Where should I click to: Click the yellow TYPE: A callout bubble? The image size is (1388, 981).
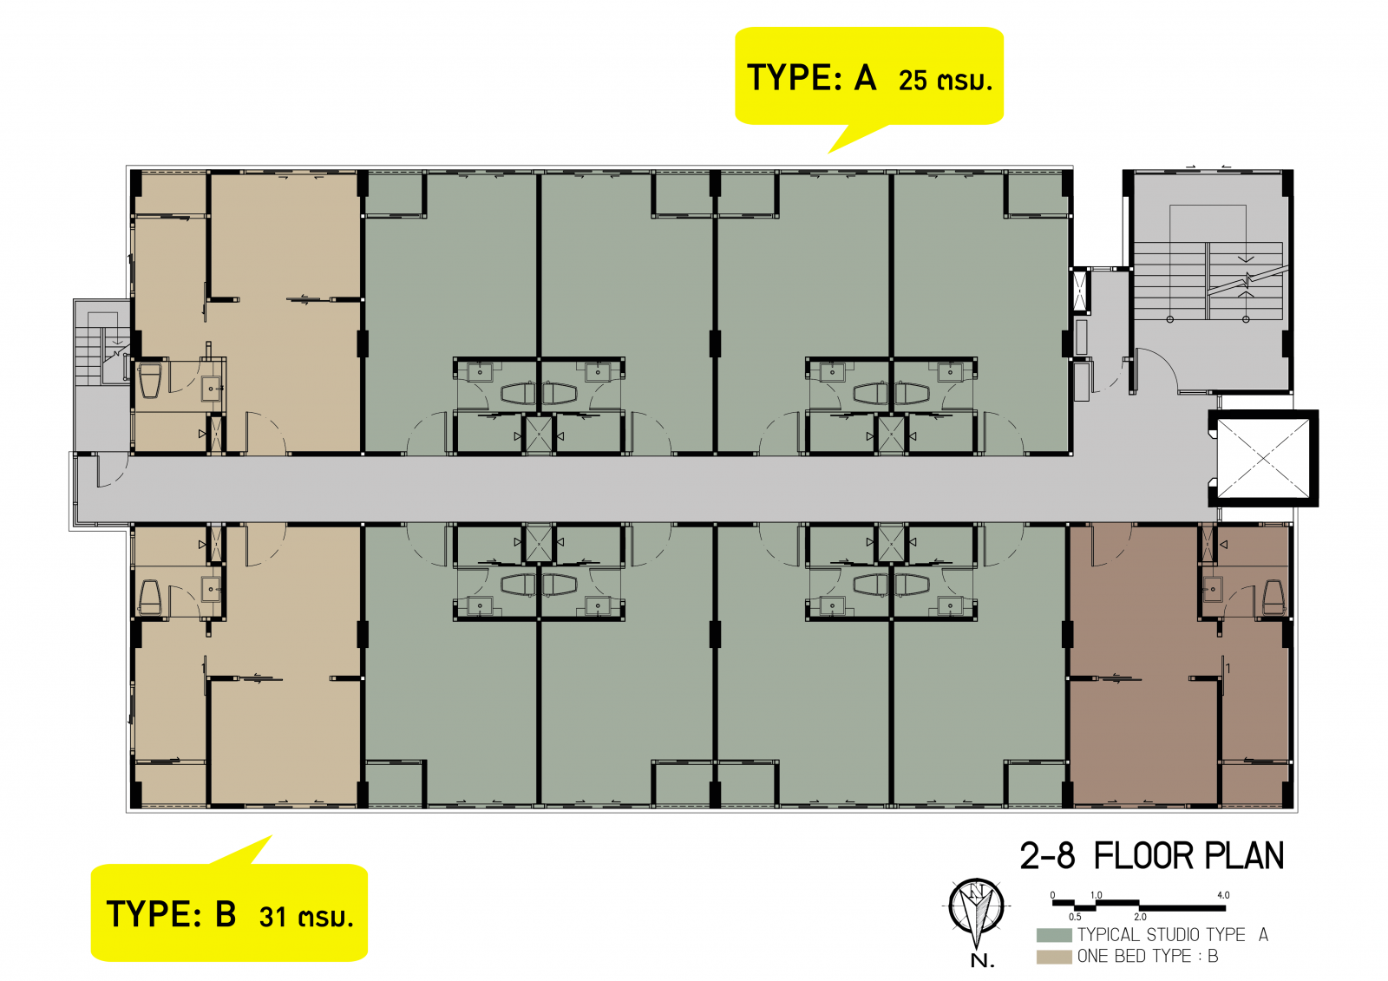pyautogui.click(x=868, y=76)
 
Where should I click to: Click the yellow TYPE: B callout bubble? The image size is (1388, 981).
pyautogui.click(x=229, y=912)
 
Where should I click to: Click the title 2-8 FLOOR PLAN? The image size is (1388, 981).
pyautogui.click(x=1152, y=856)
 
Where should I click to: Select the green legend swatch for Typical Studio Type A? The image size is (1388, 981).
pyautogui.click(x=1054, y=934)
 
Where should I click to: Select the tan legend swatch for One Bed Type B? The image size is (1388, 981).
pyautogui.click(x=1054, y=956)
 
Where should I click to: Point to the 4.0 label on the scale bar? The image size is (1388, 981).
pyautogui.click(x=1223, y=895)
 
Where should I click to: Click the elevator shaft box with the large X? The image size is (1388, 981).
pyautogui.click(x=1263, y=458)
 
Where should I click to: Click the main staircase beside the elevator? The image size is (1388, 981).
pyautogui.click(x=1208, y=281)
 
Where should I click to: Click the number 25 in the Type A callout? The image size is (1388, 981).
pyautogui.click(x=912, y=82)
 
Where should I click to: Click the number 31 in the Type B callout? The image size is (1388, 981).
pyautogui.click(x=272, y=917)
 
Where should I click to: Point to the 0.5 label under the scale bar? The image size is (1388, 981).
pyautogui.click(x=1075, y=917)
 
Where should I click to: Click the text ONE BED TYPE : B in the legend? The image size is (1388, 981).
pyautogui.click(x=1148, y=956)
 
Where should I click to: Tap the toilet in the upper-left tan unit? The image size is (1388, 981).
pyautogui.click(x=150, y=380)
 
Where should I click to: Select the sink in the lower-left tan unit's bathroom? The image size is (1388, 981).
pyautogui.click(x=211, y=589)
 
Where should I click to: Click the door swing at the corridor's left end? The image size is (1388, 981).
pyautogui.click(x=113, y=470)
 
